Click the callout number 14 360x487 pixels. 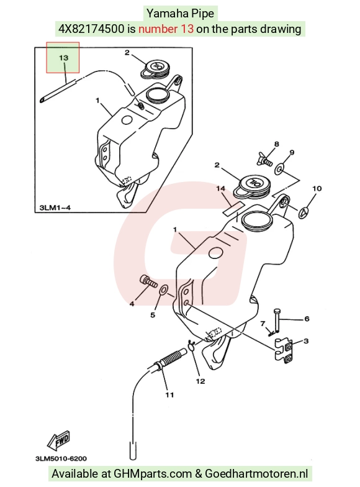coord(221,189)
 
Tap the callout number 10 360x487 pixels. coord(317,189)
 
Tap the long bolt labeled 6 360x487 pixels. coord(277,321)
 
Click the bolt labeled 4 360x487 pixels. coord(149,281)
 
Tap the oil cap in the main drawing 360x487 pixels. coord(252,187)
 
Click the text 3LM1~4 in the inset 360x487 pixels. coord(55,207)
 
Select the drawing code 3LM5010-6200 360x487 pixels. coord(61,458)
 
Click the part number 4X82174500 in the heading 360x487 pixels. coord(92,29)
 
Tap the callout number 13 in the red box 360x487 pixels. coord(63,58)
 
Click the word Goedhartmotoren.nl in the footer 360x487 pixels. coord(256,473)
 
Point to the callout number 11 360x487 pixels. coord(169,395)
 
